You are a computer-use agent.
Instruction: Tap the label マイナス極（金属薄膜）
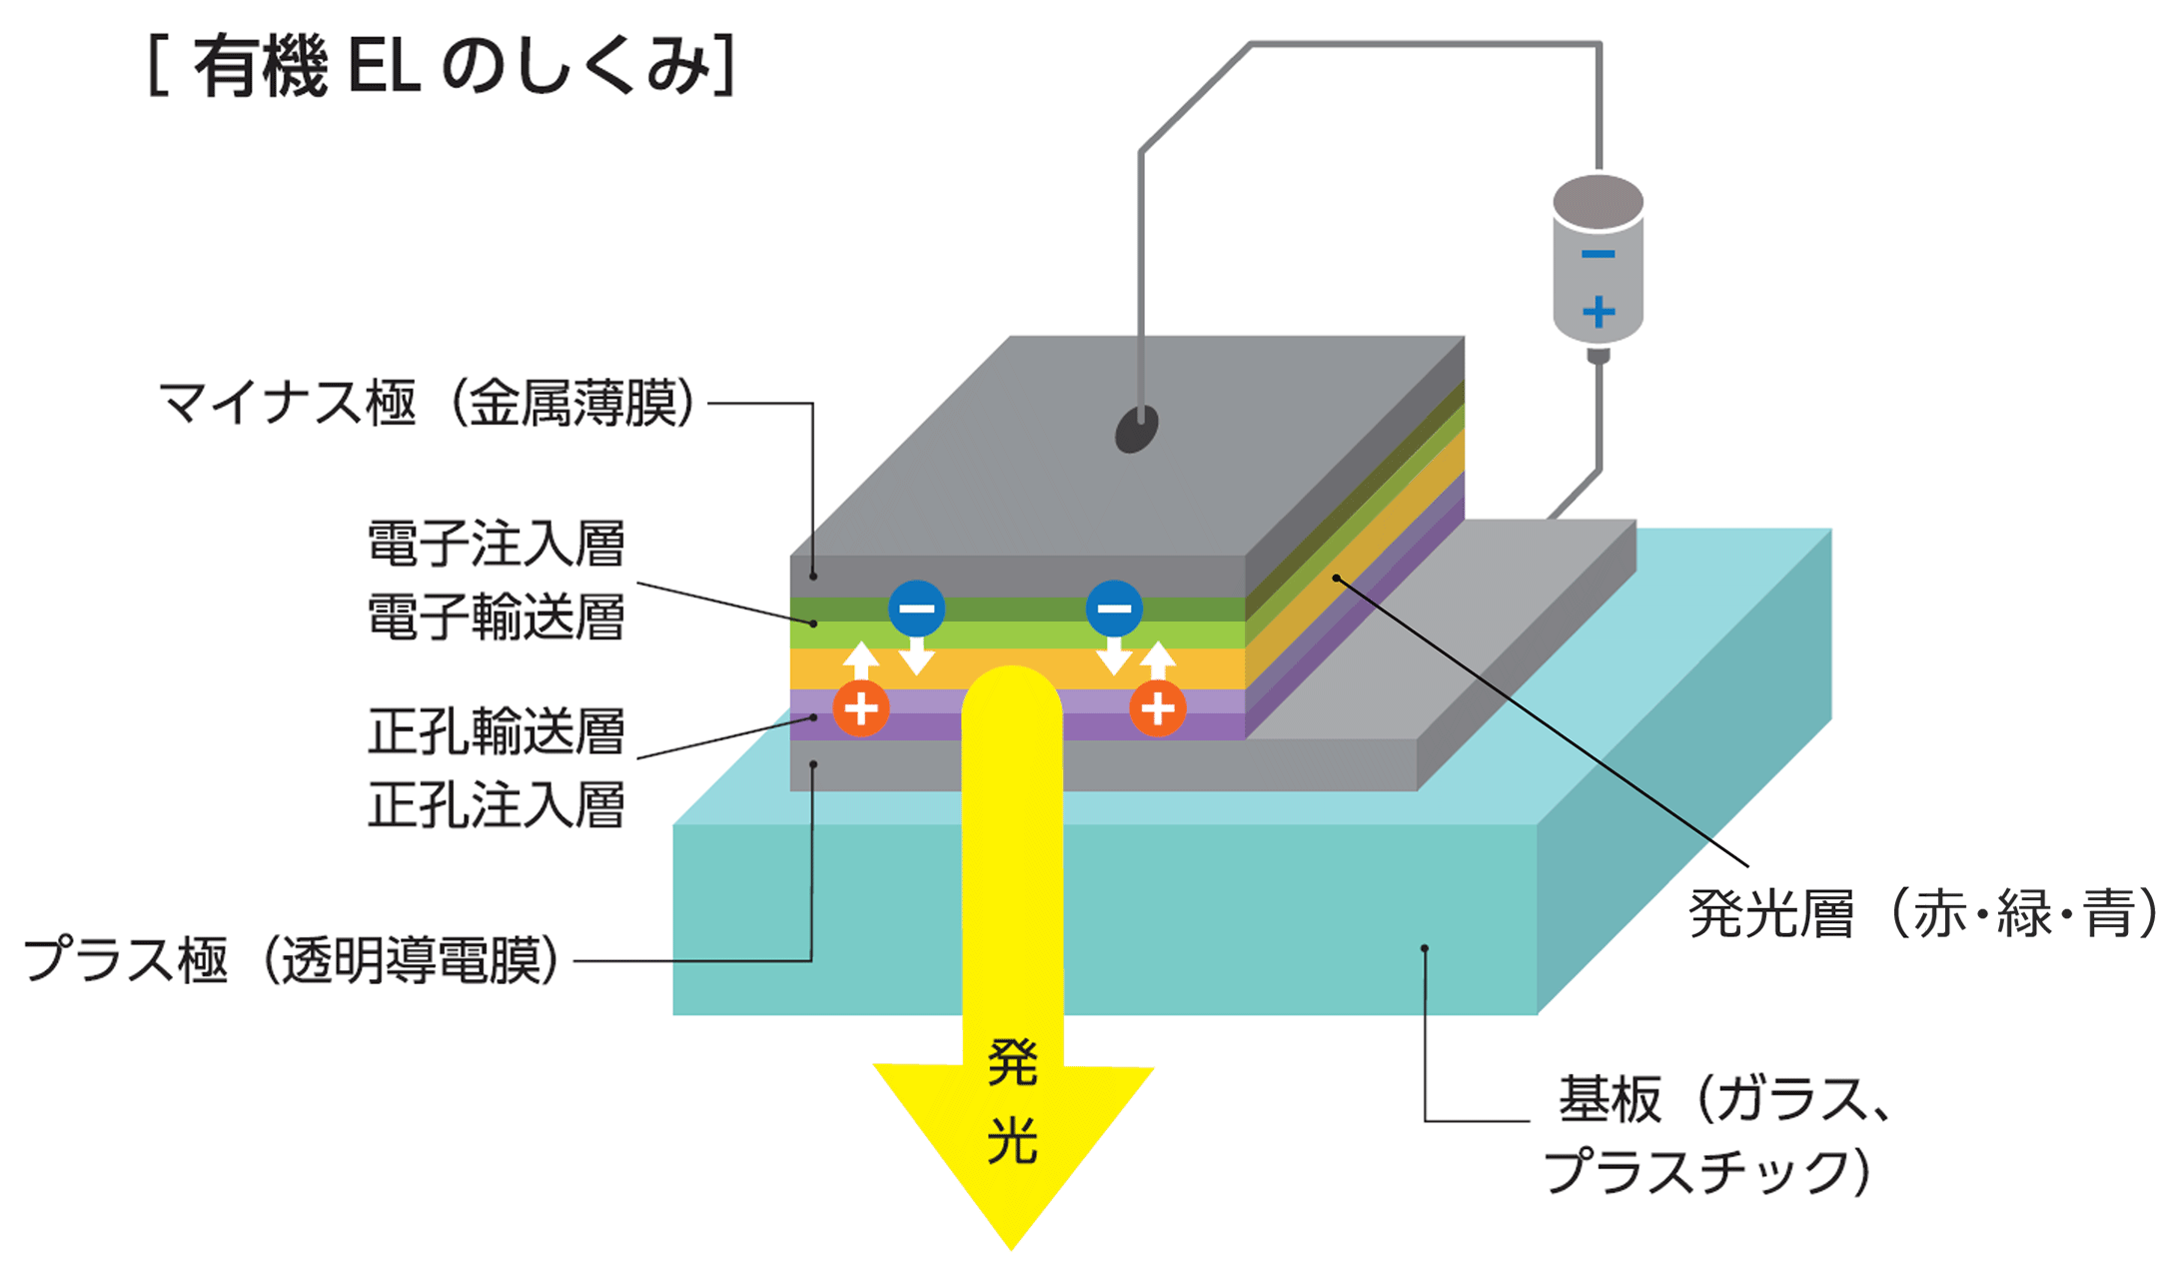pos(427,404)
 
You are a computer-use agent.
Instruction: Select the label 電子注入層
pos(497,545)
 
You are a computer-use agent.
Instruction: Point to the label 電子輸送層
pos(497,618)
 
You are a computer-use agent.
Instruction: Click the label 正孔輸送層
pos(497,732)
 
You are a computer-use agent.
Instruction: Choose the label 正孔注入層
pos(497,805)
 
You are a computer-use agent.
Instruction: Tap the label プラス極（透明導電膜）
pos(292,961)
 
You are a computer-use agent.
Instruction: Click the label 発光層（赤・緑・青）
pos(1923,913)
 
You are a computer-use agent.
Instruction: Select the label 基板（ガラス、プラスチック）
pos(1713,1135)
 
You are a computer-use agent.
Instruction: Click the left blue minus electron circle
pos(916,608)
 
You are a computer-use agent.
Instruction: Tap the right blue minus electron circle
pos(1114,608)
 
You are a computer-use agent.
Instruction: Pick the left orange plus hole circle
pos(861,708)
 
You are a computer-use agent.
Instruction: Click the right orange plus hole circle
pos(1158,708)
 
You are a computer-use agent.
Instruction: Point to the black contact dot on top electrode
pos(1137,430)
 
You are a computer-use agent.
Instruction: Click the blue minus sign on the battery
pos(1599,254)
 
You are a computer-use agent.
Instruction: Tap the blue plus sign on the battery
pos(1599,312)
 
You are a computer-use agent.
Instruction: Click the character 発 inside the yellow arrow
pos(1012,1063)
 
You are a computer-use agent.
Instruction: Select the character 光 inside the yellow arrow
pos(1012,1140)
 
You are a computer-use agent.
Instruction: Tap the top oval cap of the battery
pos(1599,200)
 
